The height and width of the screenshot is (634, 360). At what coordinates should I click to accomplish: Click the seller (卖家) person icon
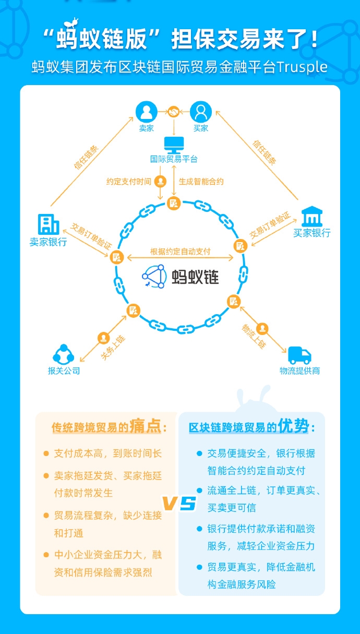pyautogui.click(x=146, y=112)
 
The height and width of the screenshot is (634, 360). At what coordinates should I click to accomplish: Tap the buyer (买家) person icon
pyautogui.click(x=201, y=112)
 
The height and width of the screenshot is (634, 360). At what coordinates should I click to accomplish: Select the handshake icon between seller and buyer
pyautogui.click(x=174, y=112)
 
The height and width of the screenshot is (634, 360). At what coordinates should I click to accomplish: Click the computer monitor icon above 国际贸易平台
pyautogui.click(x=174, y=145)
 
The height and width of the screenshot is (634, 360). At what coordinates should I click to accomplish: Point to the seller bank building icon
pyautogui.click(x=49, y=224)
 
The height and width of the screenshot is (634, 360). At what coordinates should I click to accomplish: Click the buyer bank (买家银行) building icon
pyautogui.click(x=312, y=217)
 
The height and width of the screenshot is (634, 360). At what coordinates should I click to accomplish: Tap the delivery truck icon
pyautogui.click(x=299, y=355)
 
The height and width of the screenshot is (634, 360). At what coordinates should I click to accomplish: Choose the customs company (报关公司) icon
pyautogui.click(x=64, y=354)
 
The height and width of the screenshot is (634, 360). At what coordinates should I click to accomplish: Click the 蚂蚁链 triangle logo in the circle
pyautogui.click(x=154, y=277)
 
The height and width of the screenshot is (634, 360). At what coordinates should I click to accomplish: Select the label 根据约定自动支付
pyautogui.click(x=181, y=252)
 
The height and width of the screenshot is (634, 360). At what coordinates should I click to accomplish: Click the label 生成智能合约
pyautogui.click(x=201, y=182)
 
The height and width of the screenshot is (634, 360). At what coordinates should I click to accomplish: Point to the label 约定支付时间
pyautogui.click(x=129, y=182)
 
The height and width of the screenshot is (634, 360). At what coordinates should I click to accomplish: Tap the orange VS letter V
pyautogui.click(x=170, y=503)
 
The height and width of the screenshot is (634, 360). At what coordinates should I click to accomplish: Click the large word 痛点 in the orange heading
pyautogui.click(x=146, y=426)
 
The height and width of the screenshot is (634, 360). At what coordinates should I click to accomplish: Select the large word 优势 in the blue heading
pyautogui.click(x=293, y=425)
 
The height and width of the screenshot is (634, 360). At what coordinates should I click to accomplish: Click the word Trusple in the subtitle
pyautogui.click(x=302, y=67)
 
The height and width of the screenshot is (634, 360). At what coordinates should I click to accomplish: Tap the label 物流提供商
pyautogui.click(x=299, y=371)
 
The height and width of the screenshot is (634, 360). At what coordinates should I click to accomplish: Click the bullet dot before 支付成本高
pyautogui.click(x=46, y=453)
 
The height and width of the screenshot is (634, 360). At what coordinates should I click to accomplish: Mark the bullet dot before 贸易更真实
pyautogui.click(x=199, y=567)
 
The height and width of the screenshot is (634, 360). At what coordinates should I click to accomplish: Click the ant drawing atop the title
pyautogui.click(x=71, y=22)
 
